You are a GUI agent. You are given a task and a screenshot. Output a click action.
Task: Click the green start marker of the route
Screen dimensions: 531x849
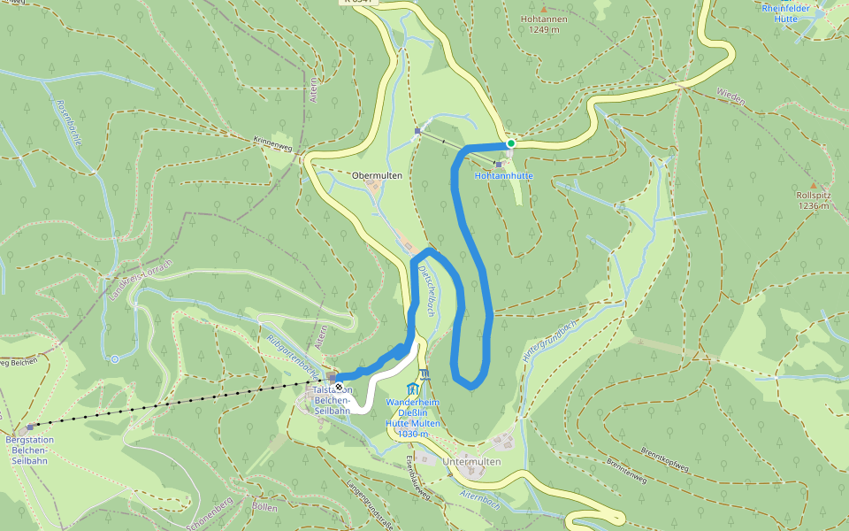coord(511,142)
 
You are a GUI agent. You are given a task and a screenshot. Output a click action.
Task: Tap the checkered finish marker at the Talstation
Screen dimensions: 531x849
coord(339,377)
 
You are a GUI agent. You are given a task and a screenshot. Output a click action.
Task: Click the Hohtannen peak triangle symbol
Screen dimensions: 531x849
coord(543,8)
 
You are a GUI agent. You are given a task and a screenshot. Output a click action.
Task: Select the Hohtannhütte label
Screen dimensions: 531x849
coord(504,175)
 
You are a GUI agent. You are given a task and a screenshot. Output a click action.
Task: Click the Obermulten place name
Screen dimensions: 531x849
coord(377,175)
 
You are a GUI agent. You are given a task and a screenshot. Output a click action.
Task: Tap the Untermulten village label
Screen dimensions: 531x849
coord(471,462)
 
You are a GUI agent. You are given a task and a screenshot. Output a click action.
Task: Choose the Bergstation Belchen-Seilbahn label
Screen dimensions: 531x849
coord(30,450)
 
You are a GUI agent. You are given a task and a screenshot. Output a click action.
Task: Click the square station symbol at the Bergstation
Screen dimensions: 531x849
coord(30,426)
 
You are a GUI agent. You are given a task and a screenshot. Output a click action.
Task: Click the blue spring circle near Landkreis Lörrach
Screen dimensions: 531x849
coord(115,358)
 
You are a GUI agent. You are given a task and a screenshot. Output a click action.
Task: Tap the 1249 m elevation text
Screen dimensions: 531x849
coord(543,29)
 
